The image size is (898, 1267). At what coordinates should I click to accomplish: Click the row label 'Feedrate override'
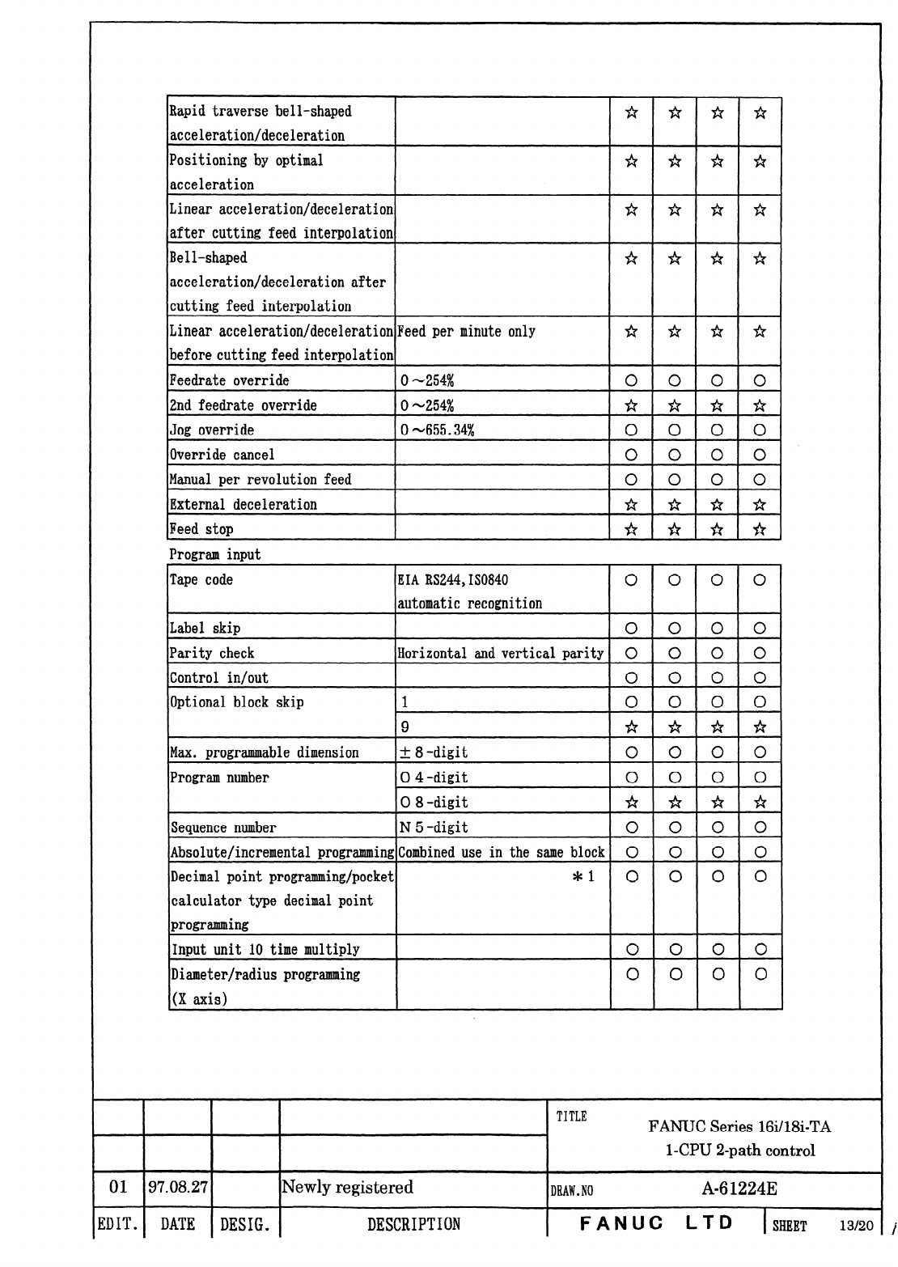pyautogui.click(x=229, y=380)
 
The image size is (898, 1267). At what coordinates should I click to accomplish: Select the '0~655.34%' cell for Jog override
pyautogui.click(x=437, y=430)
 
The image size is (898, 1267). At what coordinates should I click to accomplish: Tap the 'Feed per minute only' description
pyautogui.click(x=466, y=332)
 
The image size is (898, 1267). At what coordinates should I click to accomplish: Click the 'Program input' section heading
pyautogui.click(x=214, y=555)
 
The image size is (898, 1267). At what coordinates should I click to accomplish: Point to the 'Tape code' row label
pyautogui.click(x=201, y=580)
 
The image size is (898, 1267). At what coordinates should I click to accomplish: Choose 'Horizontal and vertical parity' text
pyautogui.click(x=500, y=654)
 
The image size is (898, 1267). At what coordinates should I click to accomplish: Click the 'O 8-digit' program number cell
pyautogui.click(x=434, y=803)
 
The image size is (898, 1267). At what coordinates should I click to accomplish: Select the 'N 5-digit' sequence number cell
pyautogui.click(x=434, y=828)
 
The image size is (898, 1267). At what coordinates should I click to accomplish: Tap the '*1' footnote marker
pyautogui.click(x=583, y=876)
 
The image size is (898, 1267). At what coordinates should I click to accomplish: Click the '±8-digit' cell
pyautogui.click(x=434, y=752)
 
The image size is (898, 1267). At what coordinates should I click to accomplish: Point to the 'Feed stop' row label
pyautogui.click(x=201, y=530)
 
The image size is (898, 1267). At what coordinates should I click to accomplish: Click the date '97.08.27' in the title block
pyautogui.click(x=178, y=1187)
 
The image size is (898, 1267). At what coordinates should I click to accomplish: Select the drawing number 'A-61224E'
pyautogui.click(x=739, y=1189)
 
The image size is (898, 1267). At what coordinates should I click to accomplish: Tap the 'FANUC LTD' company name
pyautogui.click(x=656, y=1223)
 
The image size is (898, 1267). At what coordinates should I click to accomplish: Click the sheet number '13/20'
pyautogui.click(x=856, y=1226)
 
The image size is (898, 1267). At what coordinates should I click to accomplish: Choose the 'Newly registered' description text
pyautogui.click(x=347, y=1187)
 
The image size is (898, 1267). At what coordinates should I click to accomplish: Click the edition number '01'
pyautogui.click(x=118, y=1187)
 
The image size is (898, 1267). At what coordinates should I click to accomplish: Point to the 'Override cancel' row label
pyautogui.click(x=222, y=455)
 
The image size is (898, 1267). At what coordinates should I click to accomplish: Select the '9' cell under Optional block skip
pyautogui.click(x=405, y=727)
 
